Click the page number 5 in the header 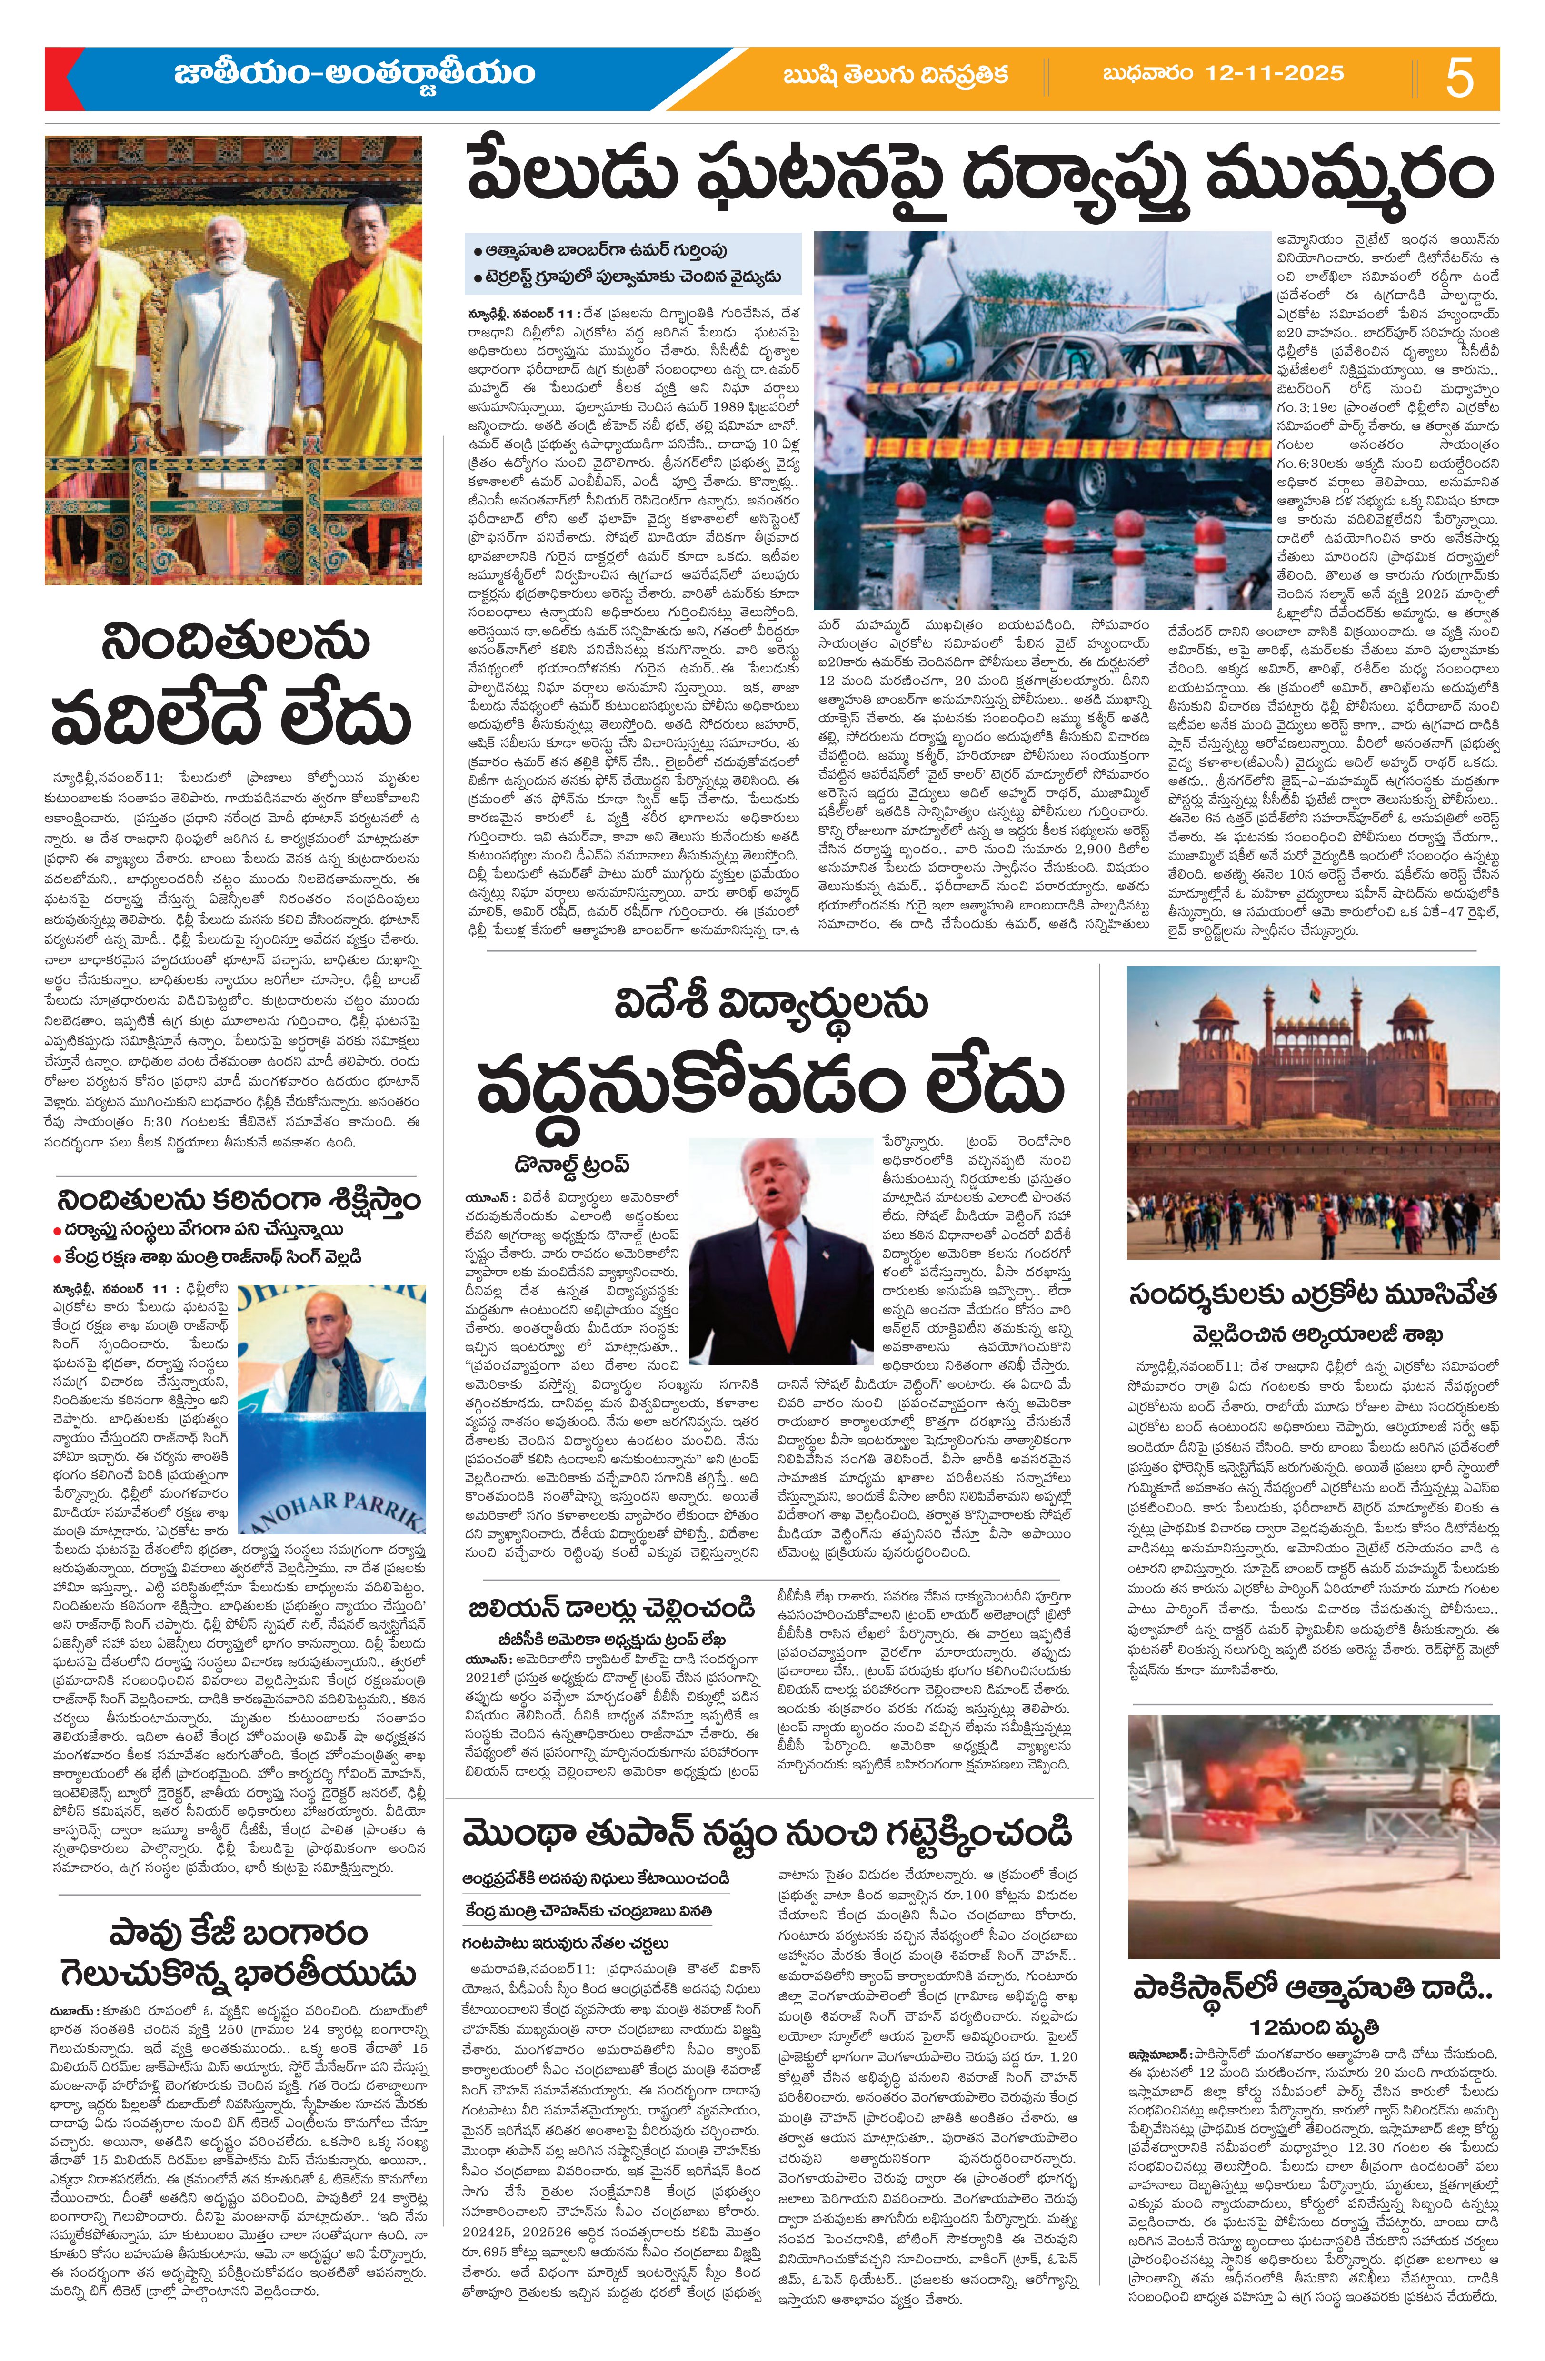(x=1459, y=78)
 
